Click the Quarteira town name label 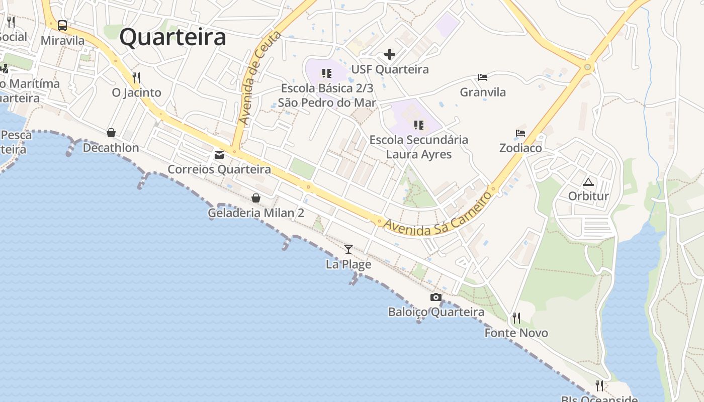[173, 38]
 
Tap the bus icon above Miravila [62, 25]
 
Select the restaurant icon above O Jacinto [136, 77]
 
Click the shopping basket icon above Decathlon [111, 133]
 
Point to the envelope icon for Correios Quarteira [219, 154]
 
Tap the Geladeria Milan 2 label [256, 213]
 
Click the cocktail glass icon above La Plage [348, 249]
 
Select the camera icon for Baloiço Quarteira [436, 297]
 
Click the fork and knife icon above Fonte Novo [516, 318]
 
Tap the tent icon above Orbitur [588, 181]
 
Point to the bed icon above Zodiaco [520, 133]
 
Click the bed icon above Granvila [483, 77]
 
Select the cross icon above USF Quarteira [390, 54]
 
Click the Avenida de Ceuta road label [260, 78]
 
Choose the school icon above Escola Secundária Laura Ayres [418, 125]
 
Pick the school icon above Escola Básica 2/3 [327, 73]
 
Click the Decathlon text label [111, 148]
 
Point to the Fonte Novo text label [516, 333]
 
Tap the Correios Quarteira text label [219, 169]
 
